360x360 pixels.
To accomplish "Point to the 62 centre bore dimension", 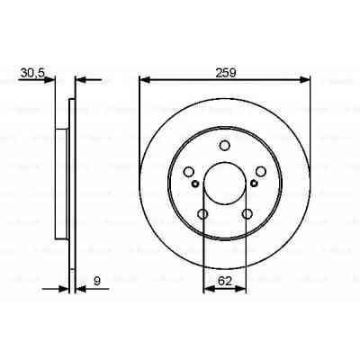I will [x=225, y=282].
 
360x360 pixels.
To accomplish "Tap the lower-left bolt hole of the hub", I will [x=202, y=213].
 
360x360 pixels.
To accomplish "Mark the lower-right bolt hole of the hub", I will [x=247, y=213].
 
